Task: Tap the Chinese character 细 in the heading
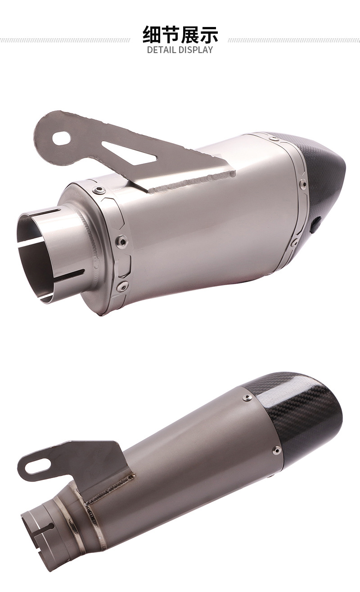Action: click(x=152, y=34)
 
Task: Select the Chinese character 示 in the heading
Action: click(x=209, y=34)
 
